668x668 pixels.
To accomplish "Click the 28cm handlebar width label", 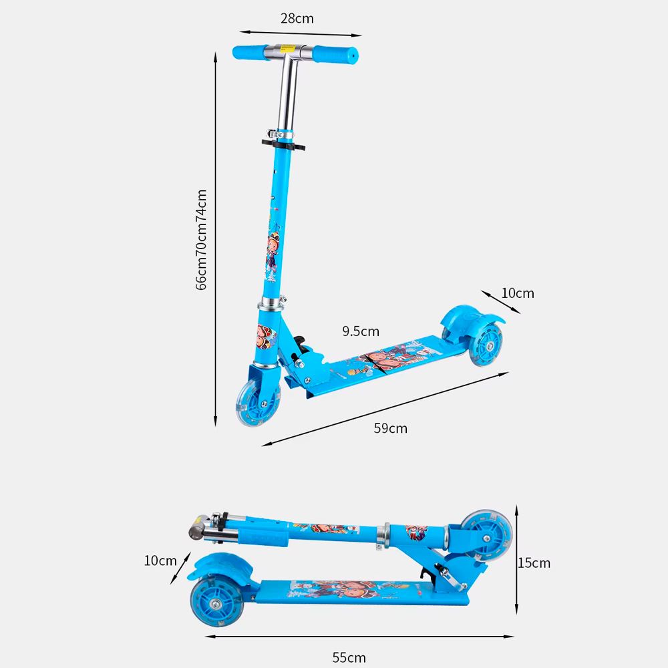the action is tap(297, 19).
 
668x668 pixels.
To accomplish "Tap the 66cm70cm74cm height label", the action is tap(201, 240).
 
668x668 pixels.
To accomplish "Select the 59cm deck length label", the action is tap(390, 428).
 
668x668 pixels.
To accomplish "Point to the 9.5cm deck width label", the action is tap(361, 331).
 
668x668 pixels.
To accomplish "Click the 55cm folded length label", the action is tap(349, 657).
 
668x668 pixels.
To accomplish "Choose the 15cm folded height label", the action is tap(534, 563).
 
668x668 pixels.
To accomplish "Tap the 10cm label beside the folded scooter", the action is tap(160, 560).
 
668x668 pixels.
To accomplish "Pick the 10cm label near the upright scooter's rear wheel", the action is tap(518, 293).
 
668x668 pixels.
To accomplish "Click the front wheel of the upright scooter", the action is tap(257, 403).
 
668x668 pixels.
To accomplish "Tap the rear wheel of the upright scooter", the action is tap(486, 344).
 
